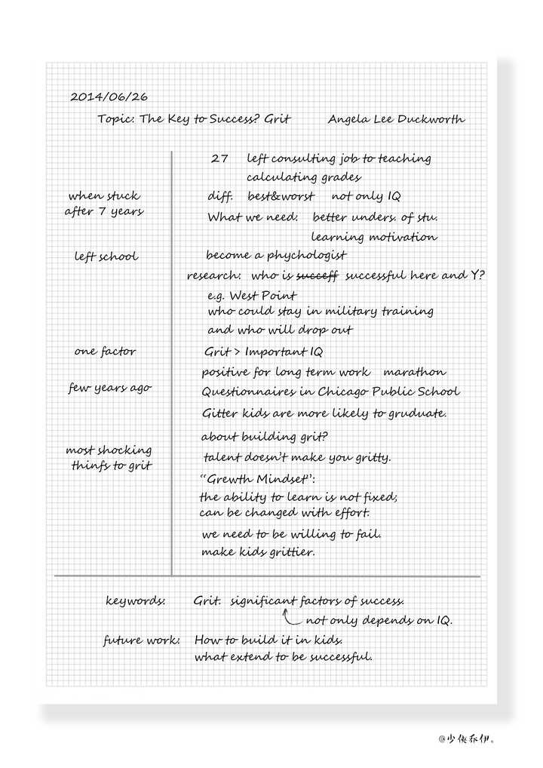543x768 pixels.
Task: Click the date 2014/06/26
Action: coord(109,97)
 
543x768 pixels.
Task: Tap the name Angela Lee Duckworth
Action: coord(396,119)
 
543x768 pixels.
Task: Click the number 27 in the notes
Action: coord(219,158)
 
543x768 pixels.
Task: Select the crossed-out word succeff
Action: coord(318,275)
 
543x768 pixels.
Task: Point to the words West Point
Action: coord(263,296)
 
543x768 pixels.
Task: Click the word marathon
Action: coord(414,372)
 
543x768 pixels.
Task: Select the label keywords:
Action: coord(136,601)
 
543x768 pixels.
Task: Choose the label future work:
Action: coord(142,641)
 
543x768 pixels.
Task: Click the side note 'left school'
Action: coord(106,257)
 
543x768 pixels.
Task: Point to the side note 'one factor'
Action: coord(106,352)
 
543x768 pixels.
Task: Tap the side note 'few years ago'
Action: coord(110,388)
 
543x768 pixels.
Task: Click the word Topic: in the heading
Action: coord(115,119)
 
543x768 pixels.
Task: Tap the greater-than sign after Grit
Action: coord(238,352)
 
